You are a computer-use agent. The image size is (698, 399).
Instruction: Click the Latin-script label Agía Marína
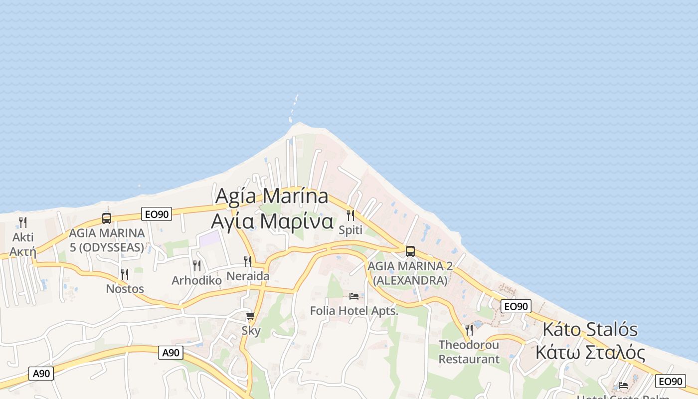point(272,196)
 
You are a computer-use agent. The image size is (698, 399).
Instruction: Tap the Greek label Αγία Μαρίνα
point(272,221)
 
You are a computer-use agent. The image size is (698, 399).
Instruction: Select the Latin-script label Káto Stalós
point(590,330)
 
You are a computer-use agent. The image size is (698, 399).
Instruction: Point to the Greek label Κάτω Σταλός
point(590,353)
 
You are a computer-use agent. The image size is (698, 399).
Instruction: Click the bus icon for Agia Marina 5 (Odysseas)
point(107,218)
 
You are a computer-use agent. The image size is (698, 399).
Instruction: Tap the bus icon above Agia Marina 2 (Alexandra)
point(410,251)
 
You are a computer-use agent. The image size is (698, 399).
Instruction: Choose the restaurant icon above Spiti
point(350,215)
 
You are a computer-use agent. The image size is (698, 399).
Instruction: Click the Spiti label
point(350,230)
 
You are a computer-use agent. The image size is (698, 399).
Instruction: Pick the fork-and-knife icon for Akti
point(23,222)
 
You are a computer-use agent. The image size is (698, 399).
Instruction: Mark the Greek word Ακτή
point(23,251)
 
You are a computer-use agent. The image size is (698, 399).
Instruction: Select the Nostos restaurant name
point(125,289)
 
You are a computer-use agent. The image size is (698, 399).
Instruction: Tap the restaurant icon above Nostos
point(125,274)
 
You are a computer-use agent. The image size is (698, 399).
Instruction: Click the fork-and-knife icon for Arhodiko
point(197,265)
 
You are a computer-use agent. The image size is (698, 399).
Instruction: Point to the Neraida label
point(248,276)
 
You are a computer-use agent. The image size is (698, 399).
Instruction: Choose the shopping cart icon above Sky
point(251,316)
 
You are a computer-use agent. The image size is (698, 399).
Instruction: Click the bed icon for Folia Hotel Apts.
point(354,296)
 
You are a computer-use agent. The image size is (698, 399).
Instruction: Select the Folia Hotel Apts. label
point(354,311)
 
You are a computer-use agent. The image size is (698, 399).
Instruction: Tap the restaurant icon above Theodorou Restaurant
point(469,330)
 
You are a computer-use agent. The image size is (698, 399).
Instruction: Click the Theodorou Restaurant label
point(469,352)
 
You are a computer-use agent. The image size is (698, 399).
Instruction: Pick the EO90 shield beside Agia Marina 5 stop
point(156,214)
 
